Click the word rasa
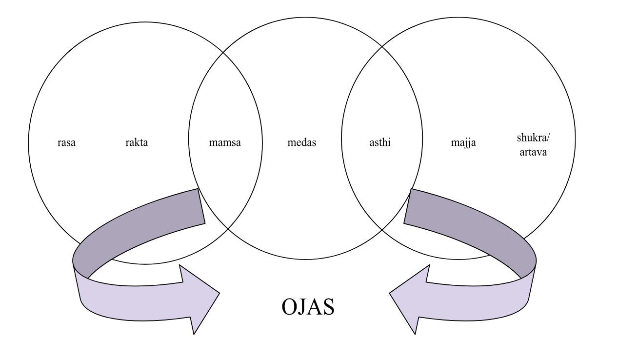66,143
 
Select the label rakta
136,143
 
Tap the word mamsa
224,143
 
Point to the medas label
302,143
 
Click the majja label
463,143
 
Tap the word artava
533,152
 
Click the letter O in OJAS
291,307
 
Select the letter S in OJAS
328,307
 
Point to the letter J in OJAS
304,307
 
